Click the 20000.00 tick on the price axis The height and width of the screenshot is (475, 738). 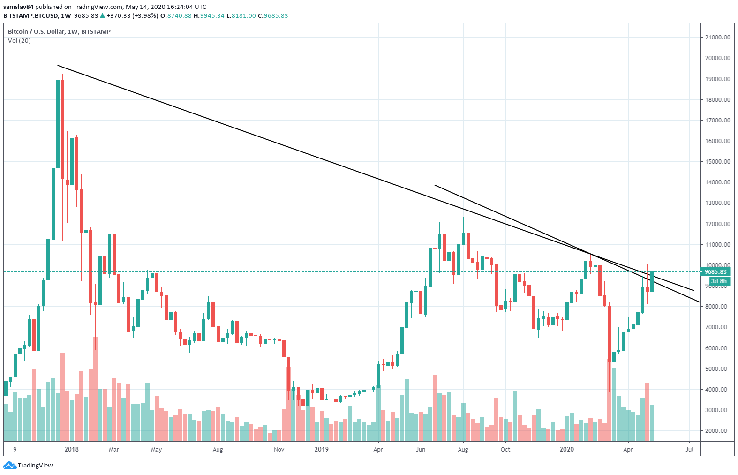coord(717,58)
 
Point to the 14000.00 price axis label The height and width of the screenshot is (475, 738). coord(717,182)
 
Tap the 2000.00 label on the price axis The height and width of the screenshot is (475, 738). coord(717,431)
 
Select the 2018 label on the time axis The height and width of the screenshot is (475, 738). coord(72,449)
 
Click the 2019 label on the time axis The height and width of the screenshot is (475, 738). coord(322,449)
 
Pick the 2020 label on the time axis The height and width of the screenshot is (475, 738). coord(567,449)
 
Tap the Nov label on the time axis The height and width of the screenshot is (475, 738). coord(279,449)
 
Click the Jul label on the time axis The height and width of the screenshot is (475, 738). coord(689,449)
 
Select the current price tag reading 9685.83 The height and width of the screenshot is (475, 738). coord(715,272)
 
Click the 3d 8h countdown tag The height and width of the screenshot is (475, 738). coord(718,281)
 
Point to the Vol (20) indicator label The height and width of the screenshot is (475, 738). coord(19,41)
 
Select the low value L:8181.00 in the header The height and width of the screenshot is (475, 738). coord(241,15)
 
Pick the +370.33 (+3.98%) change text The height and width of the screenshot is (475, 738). coord(132,15)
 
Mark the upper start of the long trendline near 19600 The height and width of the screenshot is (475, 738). coord(58,65)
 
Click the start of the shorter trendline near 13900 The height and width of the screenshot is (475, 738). coord(435,185)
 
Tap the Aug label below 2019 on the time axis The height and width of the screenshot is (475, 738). coord(463,449)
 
